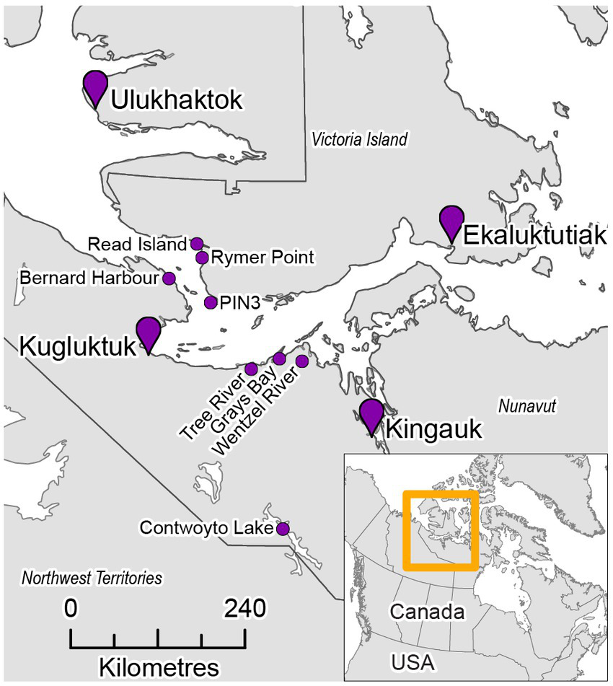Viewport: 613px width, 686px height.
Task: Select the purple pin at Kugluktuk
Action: (x=148, y=333)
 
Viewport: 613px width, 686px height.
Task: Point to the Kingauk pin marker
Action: (x=371, y=414)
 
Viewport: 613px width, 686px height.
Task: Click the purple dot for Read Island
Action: (x=196, y=244)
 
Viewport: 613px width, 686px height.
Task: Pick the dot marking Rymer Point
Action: (x=202, y=258)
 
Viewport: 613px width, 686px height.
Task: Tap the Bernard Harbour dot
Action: (x=169, y=278)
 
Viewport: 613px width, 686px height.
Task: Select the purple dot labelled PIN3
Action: (x=211, y=302)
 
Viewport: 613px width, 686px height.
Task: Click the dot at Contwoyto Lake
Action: (x=283, y=529)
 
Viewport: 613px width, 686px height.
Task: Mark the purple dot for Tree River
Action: (x=251, y=369)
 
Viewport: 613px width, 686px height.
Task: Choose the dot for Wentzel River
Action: (x=302, y=361)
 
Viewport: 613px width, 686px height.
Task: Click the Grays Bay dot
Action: (x=280, y=359)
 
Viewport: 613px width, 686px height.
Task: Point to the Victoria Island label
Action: (x=359, y=139)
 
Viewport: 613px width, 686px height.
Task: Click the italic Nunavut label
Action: (x=528, y=407)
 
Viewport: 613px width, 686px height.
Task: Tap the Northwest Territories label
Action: (x=92, y=578)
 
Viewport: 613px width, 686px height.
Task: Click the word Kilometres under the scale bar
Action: (x=158, y=663)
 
